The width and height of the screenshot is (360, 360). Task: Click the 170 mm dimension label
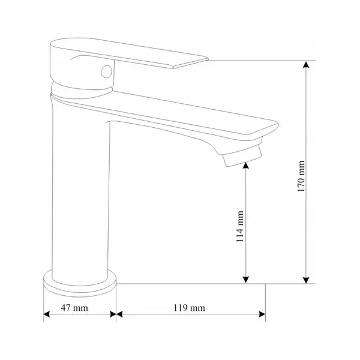click(301, 176)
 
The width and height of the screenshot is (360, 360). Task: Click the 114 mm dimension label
click(240, 226)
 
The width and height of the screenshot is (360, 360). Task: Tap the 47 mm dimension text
click(74, 308)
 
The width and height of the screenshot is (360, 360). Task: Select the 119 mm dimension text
click(189, 308)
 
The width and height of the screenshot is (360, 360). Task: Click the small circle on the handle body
click(107, 71)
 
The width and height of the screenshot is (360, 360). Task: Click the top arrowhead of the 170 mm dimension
click(306, 65)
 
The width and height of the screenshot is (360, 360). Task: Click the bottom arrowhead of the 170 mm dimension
click(306, 280)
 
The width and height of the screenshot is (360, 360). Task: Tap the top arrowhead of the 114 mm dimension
click(245, 166)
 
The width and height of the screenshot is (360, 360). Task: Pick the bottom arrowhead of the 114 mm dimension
click(245, 280)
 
